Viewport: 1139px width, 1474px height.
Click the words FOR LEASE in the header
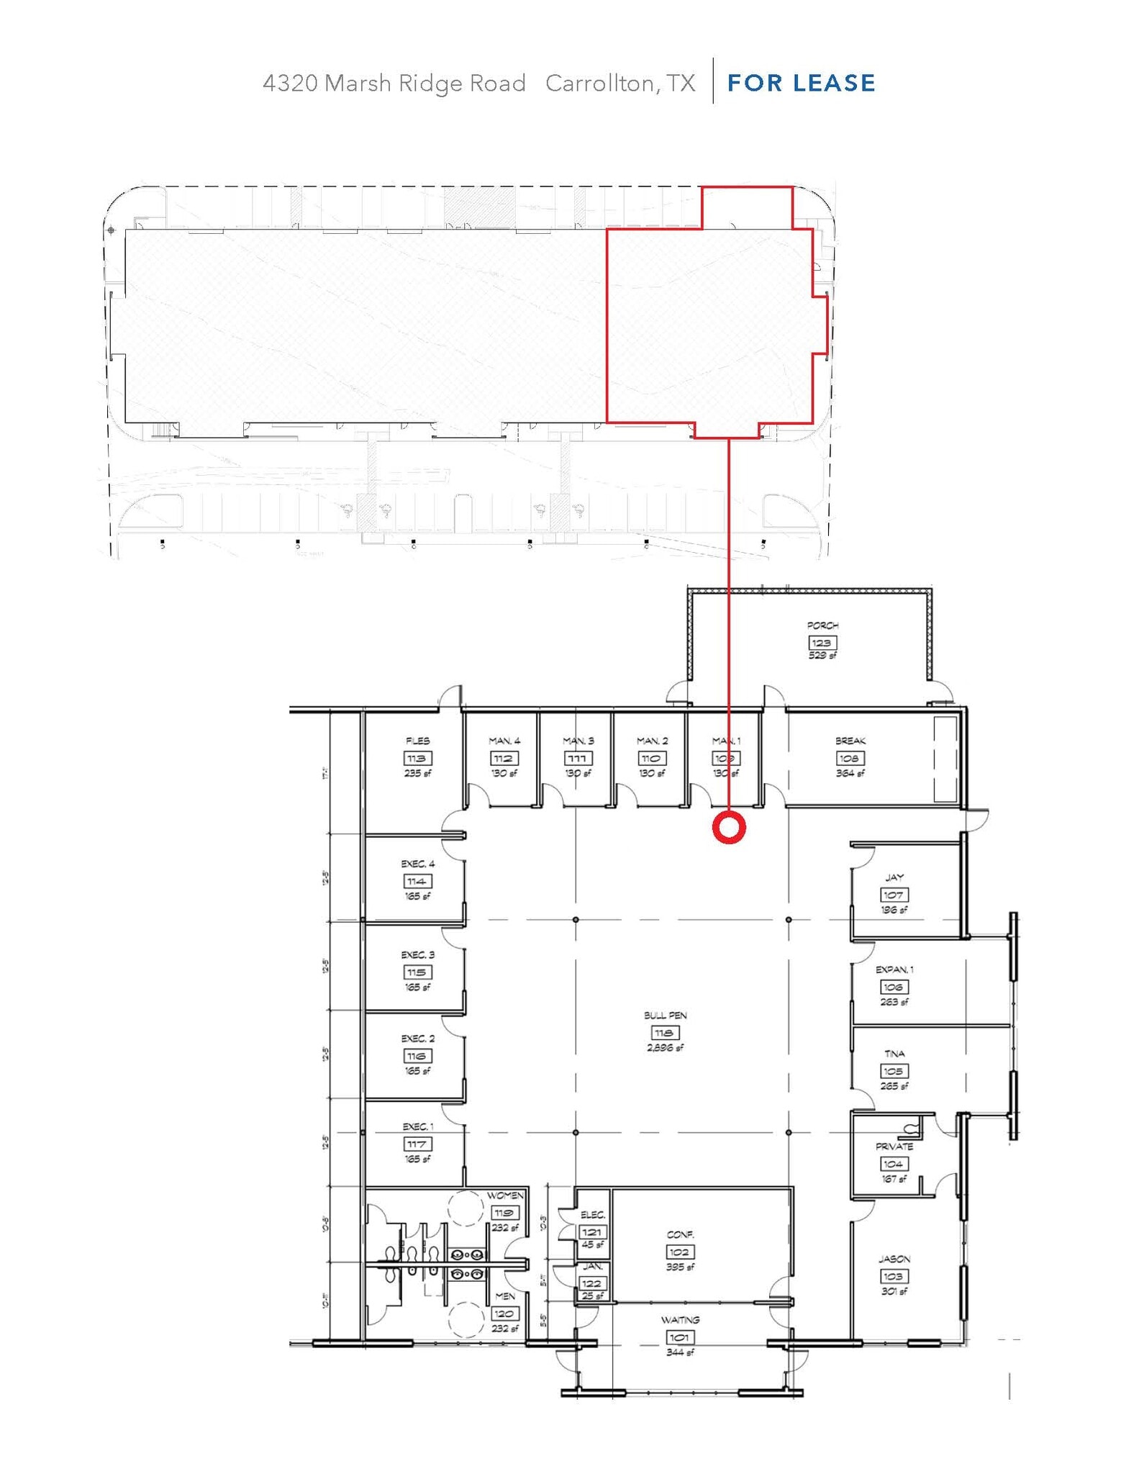(x=801, y=83)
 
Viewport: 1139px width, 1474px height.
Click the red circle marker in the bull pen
(x=729, y=828)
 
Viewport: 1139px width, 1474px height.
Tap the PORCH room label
(x=822, y=625)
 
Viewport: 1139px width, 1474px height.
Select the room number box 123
(x=821, y=643)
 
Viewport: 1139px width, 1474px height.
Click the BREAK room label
(x=850, y=741)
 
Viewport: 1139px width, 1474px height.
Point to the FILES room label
(x=417, y=741)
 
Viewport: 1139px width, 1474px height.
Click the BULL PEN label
(x=665, y=1016)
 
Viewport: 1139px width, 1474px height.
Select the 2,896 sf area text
(x=665, y=1048)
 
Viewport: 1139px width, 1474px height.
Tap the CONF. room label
(x=680, y=1234)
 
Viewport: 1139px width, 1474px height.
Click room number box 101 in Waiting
(x=680, y=1337)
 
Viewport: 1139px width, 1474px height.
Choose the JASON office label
(x=894, y=1259)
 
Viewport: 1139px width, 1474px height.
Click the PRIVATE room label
(x=894, y=1147)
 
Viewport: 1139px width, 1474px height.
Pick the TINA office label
(x=894, y=1054)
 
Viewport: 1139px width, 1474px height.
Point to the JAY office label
(x=894, y=877)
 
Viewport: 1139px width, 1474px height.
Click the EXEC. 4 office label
(x=417, y=864)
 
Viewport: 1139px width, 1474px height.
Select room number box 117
(x=417, y=1144)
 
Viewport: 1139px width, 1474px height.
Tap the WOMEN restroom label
(x=505, y=1195)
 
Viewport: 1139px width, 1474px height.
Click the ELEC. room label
(x=593, y=1215)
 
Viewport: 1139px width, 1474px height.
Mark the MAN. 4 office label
(x=504, y=741)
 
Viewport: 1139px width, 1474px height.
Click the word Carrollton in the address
(x=599, y=83)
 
